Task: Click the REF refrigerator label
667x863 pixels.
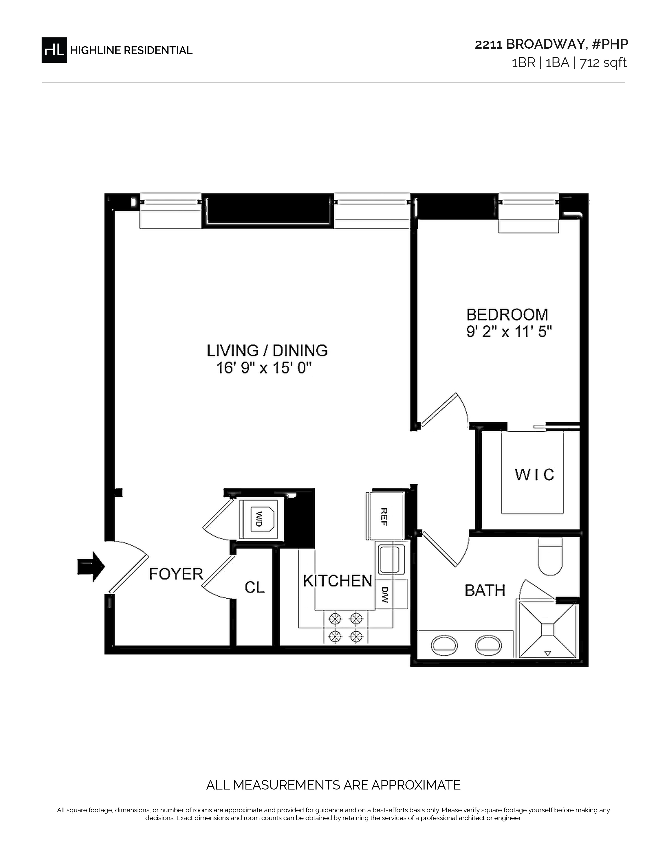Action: (x=383, y=516)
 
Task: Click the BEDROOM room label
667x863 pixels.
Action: (x=507, y=315)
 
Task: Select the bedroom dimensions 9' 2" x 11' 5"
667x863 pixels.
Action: (x=509, y=332)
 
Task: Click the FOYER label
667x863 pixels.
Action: (x=176, y=574)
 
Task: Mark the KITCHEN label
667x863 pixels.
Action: (x=337, y=581)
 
